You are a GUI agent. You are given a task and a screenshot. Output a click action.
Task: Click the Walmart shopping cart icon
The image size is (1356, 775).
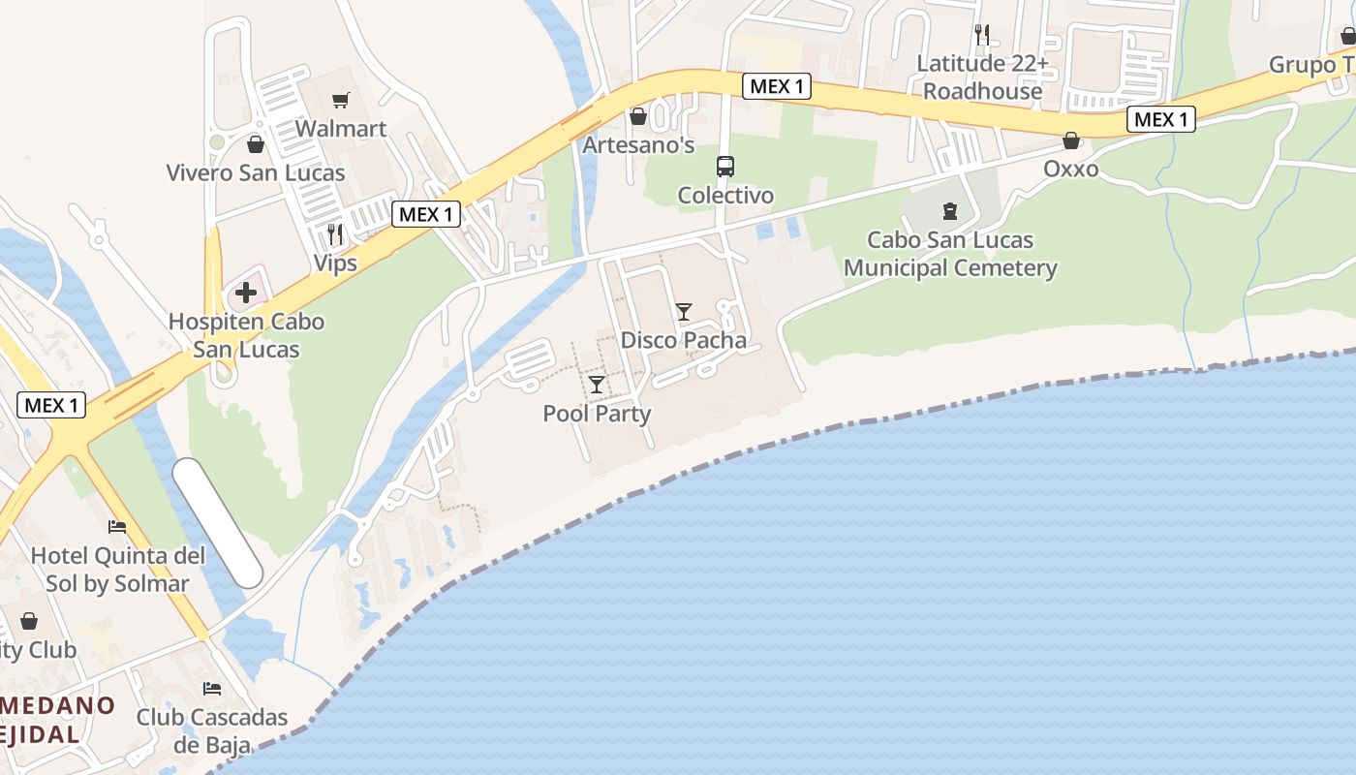coord(340,100)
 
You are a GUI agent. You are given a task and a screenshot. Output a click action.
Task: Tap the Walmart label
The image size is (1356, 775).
coord(341,129)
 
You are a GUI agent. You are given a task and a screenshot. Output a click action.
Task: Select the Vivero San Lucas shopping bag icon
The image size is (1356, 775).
coord(256,144)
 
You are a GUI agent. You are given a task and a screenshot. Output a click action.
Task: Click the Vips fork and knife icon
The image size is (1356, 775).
coord(335,233)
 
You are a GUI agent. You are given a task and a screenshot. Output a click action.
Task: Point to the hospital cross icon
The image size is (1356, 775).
coord(246,292)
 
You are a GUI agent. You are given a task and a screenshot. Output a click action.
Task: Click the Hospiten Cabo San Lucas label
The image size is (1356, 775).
coord(246,335)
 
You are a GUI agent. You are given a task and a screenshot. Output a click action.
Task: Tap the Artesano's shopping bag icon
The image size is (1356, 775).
coord(638,116)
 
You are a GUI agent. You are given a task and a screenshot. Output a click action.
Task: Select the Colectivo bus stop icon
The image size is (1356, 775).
coord(725,166)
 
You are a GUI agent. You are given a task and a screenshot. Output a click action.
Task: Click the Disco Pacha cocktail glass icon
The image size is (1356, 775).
coord(684,311)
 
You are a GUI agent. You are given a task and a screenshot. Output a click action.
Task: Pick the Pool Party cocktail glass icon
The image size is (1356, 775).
coord(597,385)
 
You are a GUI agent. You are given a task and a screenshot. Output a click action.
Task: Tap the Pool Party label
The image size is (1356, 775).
coord(597,414)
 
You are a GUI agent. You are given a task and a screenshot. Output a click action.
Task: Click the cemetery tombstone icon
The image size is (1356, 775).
coord(950,210)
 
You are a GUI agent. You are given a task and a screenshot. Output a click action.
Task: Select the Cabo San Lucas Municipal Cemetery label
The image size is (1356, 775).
coord(950,254)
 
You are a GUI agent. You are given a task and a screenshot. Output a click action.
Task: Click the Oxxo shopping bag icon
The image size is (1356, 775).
coord(1071,140)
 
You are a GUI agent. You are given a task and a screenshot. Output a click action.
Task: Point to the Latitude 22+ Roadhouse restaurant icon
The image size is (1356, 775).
coord(982,35)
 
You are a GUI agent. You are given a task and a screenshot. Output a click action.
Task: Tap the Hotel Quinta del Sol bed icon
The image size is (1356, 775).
coord(117,527)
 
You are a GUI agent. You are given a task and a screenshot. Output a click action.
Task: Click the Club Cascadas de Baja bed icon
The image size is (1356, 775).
coord(212,689)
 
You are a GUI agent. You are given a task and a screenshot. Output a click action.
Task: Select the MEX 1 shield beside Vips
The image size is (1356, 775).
coord(425,214)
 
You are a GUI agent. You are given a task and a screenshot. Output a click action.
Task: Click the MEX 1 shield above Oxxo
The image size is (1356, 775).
coord(1161,119)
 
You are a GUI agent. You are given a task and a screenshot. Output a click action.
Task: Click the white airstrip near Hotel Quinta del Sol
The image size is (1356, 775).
coord(218,523)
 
